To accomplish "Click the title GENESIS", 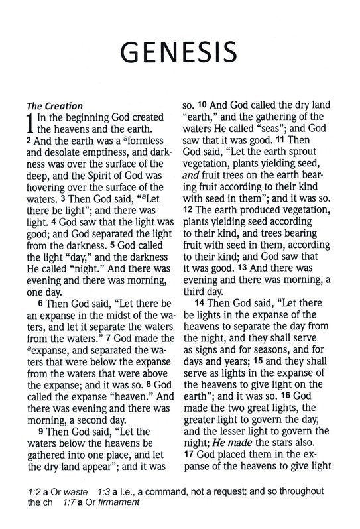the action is click(180, 51).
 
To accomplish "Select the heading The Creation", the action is click(54, 105).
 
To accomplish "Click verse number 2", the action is click(29, 141).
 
